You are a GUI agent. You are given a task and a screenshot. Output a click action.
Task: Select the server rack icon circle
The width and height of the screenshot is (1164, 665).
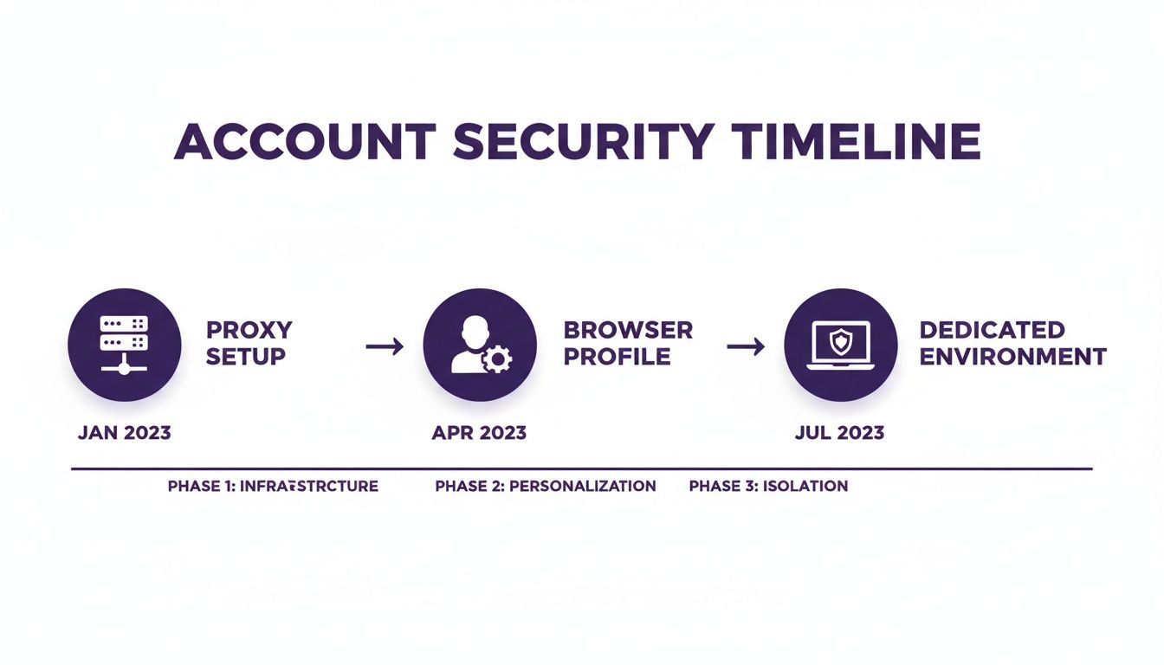125,344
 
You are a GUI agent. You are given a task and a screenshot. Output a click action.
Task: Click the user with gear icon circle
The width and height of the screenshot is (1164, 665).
479,344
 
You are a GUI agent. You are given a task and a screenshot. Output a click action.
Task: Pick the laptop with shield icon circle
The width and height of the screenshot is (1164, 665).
840,344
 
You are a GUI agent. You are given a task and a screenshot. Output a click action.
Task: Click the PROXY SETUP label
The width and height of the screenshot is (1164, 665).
249,343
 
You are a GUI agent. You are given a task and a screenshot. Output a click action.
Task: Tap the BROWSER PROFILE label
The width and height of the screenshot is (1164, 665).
628,343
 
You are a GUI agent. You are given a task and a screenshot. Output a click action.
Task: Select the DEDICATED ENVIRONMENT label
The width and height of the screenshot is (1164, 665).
1012,343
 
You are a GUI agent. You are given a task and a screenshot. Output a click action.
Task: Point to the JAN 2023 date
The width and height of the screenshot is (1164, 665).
124,433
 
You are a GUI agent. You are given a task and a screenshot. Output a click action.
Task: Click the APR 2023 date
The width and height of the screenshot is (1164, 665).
479,433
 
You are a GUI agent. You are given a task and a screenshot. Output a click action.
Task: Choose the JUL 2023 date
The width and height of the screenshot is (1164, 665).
839,433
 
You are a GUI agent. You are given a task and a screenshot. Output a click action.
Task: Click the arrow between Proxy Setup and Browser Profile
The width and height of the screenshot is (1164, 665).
385,346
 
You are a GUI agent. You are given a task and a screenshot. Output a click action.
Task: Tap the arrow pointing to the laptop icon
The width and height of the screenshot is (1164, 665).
746,346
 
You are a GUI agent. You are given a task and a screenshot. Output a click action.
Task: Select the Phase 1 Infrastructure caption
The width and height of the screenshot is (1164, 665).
273,486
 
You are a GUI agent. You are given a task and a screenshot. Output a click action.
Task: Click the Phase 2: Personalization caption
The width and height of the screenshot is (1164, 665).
546,486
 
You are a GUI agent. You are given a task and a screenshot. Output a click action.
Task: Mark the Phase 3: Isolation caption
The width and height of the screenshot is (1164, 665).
768,486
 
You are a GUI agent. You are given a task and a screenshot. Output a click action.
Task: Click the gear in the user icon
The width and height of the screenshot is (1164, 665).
496,358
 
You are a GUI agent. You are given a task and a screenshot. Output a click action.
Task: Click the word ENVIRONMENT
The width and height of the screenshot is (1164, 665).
1012,356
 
